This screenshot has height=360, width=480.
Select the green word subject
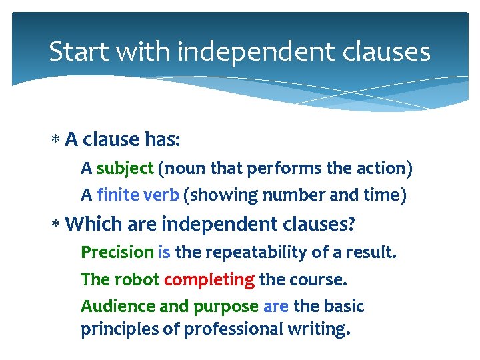click(125, 168)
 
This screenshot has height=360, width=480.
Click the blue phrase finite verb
click(138, 195)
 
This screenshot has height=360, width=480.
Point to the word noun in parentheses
click(179, 168)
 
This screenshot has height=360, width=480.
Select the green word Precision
click(117, 252)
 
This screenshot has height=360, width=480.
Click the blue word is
click(164, 252)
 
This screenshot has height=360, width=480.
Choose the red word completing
click(209, 279)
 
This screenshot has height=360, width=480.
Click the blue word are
click(275, 306)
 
